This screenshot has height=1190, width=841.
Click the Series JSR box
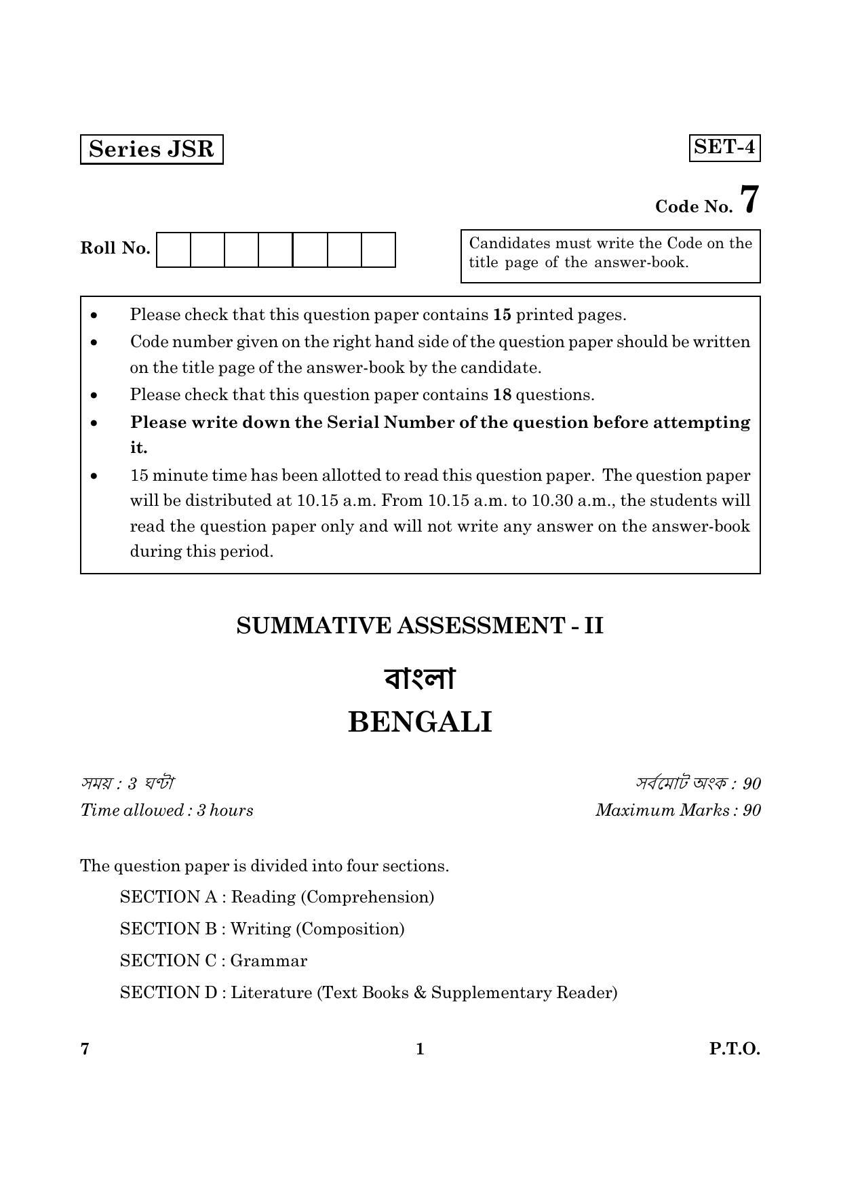coord(151,149)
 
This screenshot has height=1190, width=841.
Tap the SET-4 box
coord(724,147)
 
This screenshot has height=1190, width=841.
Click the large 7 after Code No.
coord(749,200)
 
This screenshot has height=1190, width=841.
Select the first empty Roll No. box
coord(174,250)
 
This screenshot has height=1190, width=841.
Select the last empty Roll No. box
coord(378,250)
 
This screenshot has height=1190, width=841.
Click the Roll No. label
coord(115,248)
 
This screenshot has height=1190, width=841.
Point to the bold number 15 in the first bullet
coord(502,315)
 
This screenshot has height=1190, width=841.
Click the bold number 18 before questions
coord(502,395)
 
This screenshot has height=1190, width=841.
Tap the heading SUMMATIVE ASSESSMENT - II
coord(420,625)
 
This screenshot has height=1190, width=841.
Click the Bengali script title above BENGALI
coord(420,679)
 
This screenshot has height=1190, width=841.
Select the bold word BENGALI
coord(420,723)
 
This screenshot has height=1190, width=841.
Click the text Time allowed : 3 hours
coord(167,810)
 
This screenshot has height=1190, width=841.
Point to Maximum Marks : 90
coord(678,810)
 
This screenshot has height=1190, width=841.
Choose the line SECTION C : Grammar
coord(214,961)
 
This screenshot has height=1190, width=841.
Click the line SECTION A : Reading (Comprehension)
coord(277,897)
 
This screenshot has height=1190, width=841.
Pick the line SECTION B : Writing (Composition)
coord(262,929)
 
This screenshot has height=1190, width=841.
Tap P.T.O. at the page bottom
coord(735,1049)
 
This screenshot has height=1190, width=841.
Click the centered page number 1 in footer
coord(420,1049)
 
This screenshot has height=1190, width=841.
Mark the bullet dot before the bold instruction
coord(94,423)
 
